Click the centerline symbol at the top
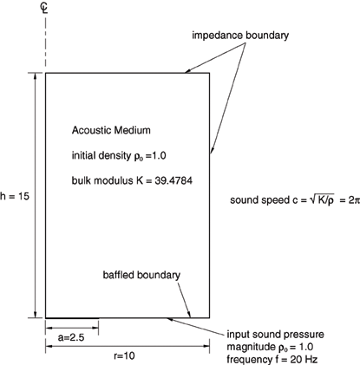tap(44, 8)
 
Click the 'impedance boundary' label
tap(240, 36)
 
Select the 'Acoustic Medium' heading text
tap(111, 130)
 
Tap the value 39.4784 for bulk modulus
tap(173, 180)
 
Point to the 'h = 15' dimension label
tap(15, 197)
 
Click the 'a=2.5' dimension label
tap(71, 337)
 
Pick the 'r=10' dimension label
tap(124, 355)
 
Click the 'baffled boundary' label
tap(141, 275)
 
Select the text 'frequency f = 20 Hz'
tap(272, 360)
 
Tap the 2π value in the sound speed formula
tap(354, 200)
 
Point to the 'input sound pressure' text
tap(275, 335)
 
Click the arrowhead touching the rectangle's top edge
tap(187, 71)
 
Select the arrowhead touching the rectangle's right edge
tap(212, 150)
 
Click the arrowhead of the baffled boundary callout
tap(189, 315)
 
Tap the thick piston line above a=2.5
tap(72, 318)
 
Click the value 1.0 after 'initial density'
tap(159, 156)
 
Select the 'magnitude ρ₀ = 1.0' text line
tap(270, 347)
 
